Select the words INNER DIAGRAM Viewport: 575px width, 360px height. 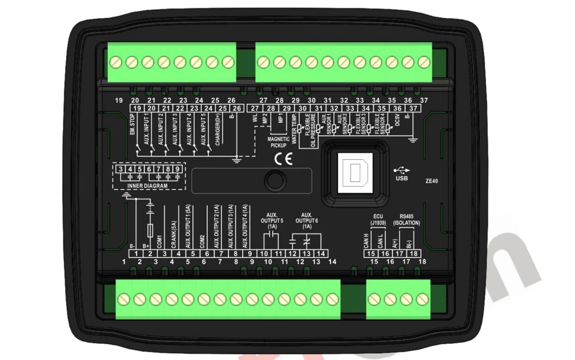[x=148, y=185]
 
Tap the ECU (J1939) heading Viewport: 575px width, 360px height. [x=377, y=219]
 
